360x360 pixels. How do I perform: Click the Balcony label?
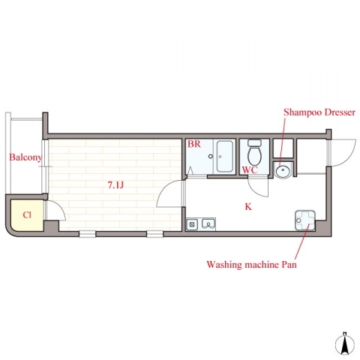pyautogui.click(x=25, y=157)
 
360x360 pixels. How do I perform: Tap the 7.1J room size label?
pyautogui.click(x=115, y=185)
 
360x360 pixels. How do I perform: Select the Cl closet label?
pyautogui.click(x=27, y=214)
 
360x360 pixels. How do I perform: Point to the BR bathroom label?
pyautogui.click(x=194, y=144)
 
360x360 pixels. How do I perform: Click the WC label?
pyautogui.click(x=250, y=170)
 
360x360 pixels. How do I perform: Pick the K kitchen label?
pyautogui.click(x=248, y=206)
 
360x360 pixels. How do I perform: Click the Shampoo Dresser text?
pyautogui.click(x=319, y=112)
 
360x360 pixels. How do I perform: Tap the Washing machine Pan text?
pyautogui.click(x=251, y=264)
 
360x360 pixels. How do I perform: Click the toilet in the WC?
pyautogui.click(x=254, y=151)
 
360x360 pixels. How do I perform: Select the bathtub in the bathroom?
pyautogui.click(x=225, y=156)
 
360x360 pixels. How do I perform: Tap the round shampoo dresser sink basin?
pyautogui.click(x=283, y=171)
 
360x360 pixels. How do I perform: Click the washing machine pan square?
pyautogui.click(x=304, y=220)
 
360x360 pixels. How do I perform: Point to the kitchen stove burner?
pyautogui.click(x=192, y=224)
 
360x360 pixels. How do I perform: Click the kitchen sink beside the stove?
pyautogui.click(x=208, y=224)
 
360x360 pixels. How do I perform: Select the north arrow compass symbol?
pyautogui.click(x=345, y=343)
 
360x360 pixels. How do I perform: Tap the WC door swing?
pyautogui.click(x=257, y=188)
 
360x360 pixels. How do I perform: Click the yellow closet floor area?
pyautogui.click(x=27, y=215)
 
